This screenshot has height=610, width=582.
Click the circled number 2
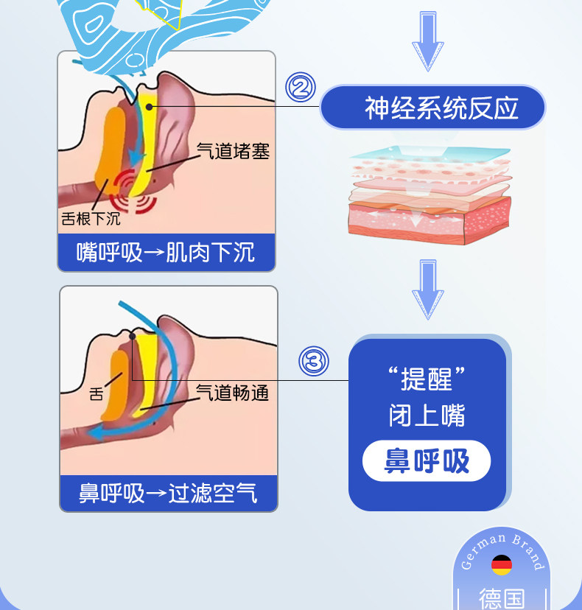tap(301, 87)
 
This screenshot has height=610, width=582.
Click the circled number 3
tap(314, 361)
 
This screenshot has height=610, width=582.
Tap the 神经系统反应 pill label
tap(432, 108)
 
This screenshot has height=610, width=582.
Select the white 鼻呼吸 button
tap(427, 461)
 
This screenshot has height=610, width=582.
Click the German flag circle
tap(502, 565)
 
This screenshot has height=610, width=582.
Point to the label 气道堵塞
tap(233, 151)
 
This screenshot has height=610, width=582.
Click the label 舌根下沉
tap(91, 219)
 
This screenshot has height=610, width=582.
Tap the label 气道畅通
tap(232, 393)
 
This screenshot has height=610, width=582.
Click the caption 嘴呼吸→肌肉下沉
tap(166, 253)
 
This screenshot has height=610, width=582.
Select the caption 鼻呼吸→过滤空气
tap(168, 494)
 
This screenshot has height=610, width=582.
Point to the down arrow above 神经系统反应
tap(428, 41)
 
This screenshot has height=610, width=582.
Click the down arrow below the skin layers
tap(428, 290)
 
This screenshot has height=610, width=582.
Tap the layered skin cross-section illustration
tap(430, 195)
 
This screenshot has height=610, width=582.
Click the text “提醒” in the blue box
tap(427, 378)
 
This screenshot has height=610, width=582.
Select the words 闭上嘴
tap(427, 415)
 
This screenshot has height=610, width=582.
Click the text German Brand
tap(502, 550)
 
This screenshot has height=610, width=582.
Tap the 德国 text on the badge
tap(502, 598)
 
